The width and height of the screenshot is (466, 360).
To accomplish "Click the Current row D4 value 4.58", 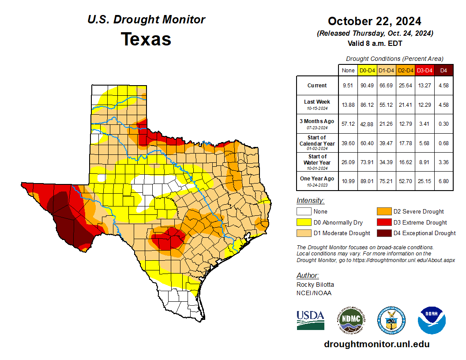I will pos(443,86).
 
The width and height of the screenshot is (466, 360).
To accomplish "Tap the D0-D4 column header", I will pos(367,71).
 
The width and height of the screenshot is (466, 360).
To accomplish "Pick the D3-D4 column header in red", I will pos(425,71).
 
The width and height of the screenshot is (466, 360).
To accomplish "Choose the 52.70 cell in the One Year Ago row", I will pos(405,181).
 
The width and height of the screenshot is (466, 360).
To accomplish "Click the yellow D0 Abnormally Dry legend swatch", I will pos(303,222).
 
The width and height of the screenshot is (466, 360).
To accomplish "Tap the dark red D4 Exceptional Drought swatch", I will pos(383,233).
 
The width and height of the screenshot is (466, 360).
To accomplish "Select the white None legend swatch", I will pos(303,212).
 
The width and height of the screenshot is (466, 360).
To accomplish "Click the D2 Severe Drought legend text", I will pos(418,212).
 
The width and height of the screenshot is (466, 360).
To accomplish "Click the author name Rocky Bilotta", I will pos(315,285).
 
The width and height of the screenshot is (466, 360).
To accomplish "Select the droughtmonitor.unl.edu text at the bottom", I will pos(376,344).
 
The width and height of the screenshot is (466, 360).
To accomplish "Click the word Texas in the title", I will pos(146,39).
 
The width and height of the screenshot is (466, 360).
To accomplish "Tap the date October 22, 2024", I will pos(374,21).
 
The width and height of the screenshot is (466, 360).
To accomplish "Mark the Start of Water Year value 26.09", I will pos(348,162).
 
